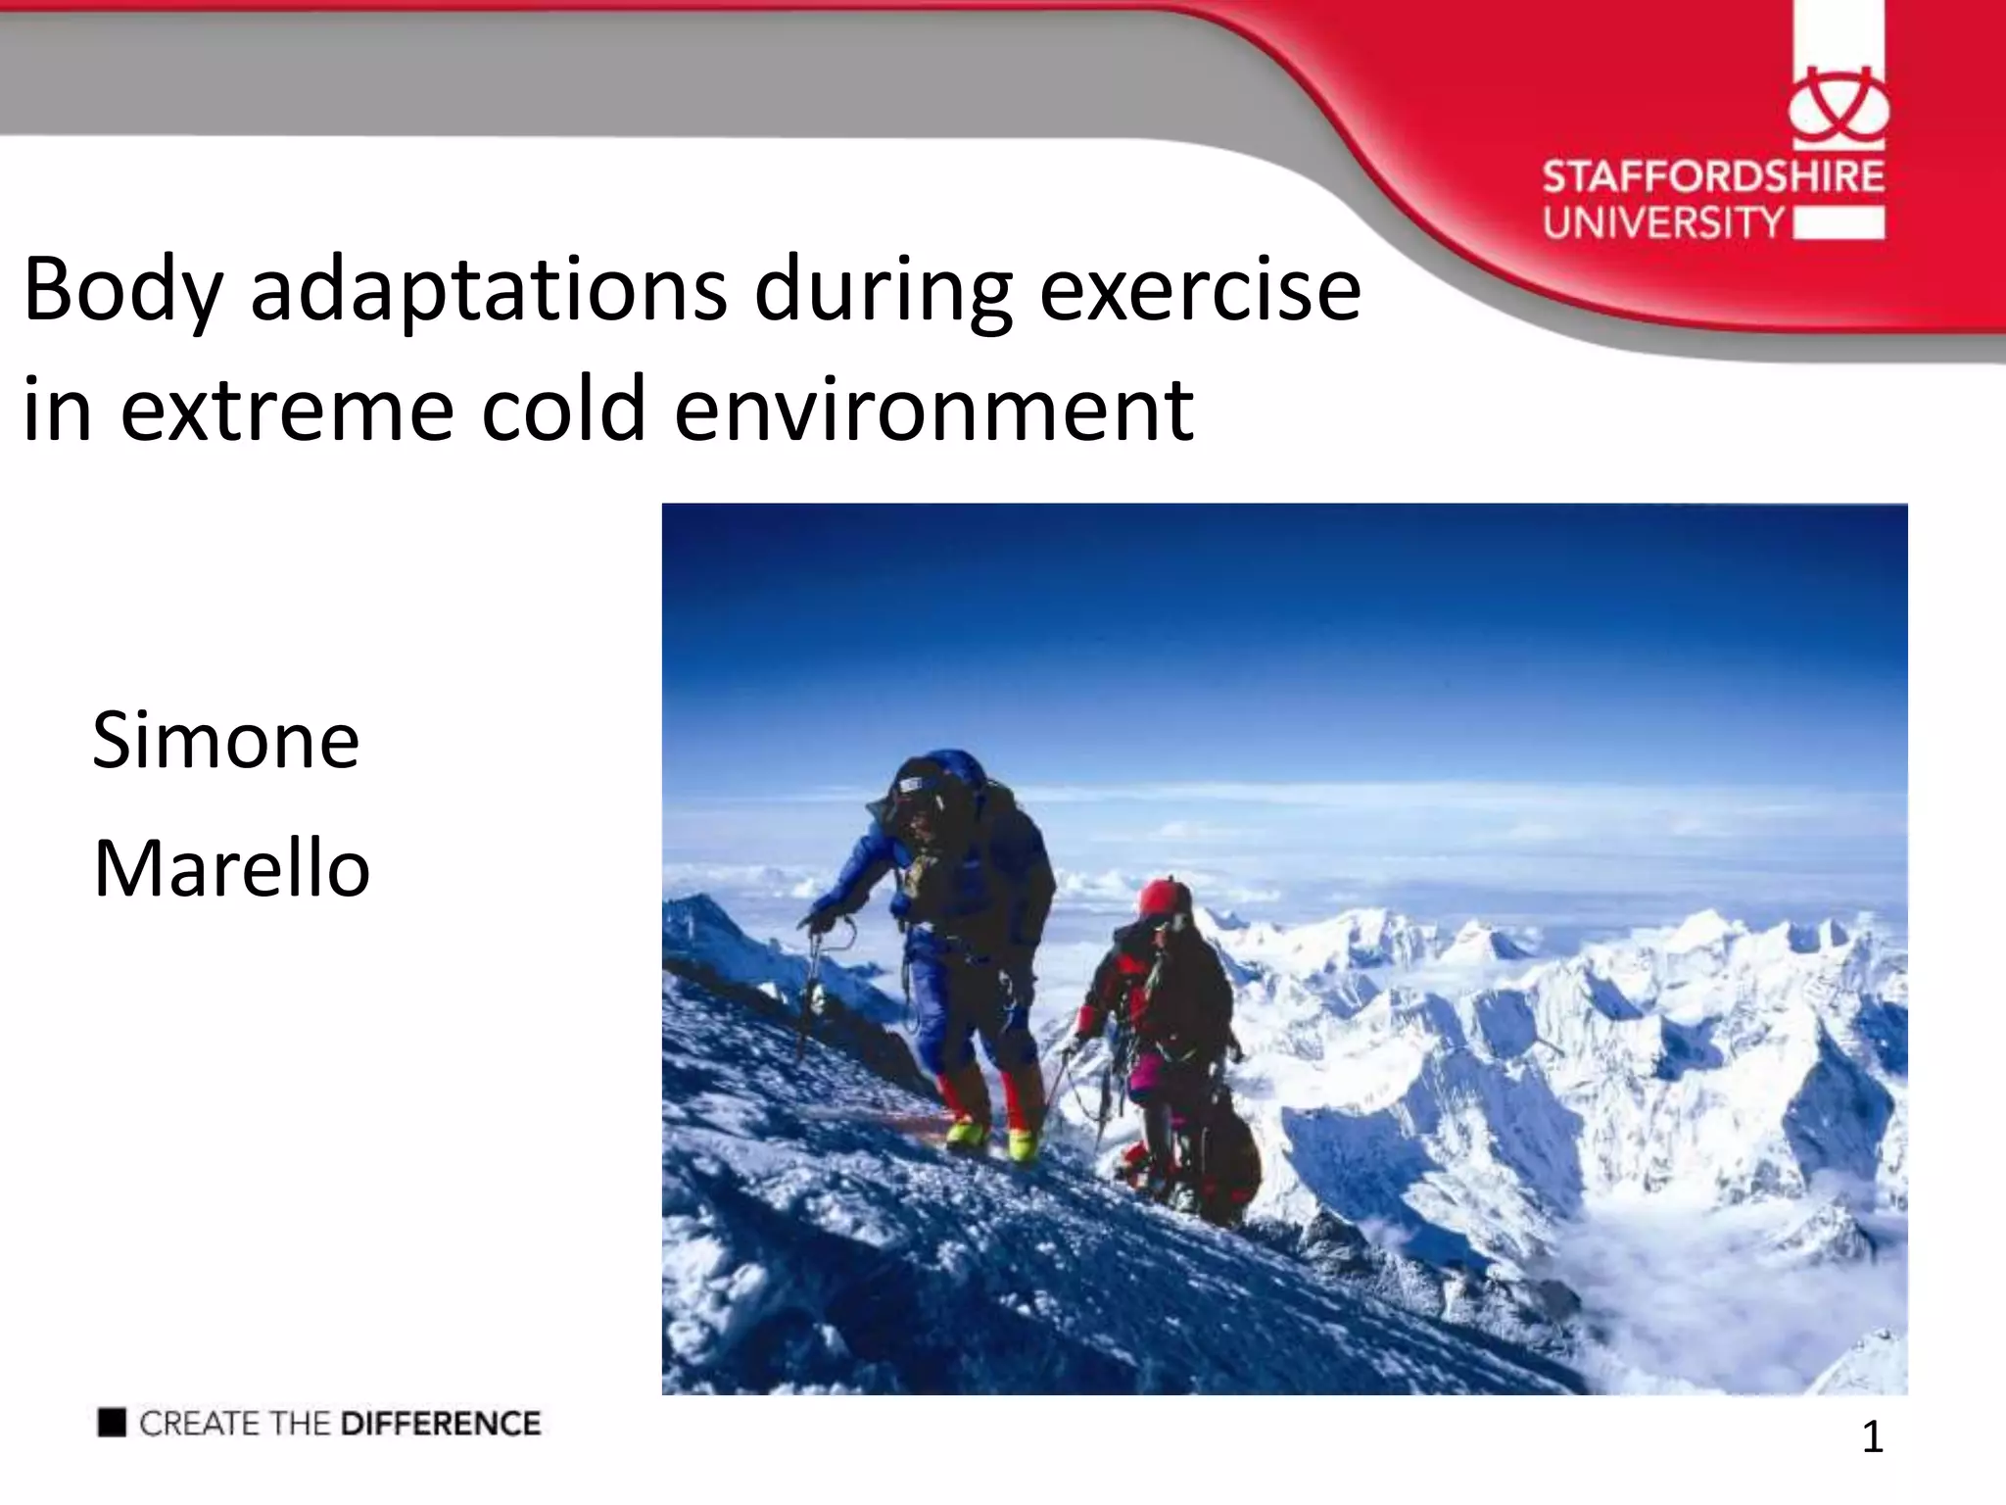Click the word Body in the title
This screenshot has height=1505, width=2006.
point(123,291)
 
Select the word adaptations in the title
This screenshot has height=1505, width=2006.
point(488,291)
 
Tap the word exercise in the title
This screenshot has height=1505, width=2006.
point(1199,291)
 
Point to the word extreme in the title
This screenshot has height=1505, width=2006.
point(287,410)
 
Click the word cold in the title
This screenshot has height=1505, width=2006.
point(563,410)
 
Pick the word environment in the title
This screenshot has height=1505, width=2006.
point(932,410)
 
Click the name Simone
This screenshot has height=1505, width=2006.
point(226,740)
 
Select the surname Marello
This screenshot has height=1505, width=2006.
point(231,869)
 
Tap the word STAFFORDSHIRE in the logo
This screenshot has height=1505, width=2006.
point(1713,177)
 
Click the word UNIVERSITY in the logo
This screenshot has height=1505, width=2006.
point(1663,222)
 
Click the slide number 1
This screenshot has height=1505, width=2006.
point(1872,1437)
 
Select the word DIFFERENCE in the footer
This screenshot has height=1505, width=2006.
point(440,1423)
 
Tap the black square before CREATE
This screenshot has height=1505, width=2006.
point(112,1422)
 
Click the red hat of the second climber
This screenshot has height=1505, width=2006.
point(1163,896)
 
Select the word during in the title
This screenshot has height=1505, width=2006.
point(883,291)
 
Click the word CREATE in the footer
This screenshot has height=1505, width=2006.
point(200,1423)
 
